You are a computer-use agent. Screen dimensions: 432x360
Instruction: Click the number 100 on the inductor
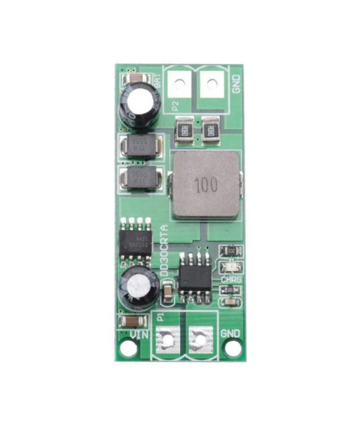206,185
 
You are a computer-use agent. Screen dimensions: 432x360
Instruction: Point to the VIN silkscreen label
139,334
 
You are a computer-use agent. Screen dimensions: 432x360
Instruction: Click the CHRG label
231,280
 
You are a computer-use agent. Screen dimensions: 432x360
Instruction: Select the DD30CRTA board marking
165,250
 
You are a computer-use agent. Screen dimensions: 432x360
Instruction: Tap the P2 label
175,105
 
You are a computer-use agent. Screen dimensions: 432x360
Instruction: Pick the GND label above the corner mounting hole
230,333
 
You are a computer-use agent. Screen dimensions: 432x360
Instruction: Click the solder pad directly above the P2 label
179,84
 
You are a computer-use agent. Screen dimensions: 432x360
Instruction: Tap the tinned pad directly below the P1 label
167,339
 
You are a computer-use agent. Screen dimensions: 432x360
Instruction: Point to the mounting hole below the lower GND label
232,348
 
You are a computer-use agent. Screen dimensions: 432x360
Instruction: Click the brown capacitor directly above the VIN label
132,321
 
